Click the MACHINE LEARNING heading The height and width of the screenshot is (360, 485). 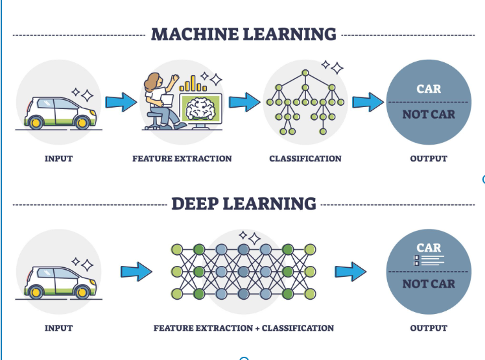tap(243, 34)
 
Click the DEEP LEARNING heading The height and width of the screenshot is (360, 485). tap(244, 204)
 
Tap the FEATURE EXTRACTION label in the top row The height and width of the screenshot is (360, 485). tap(182, 158)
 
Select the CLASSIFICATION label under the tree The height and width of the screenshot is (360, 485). tap(305, 158)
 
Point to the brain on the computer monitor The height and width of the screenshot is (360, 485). tap(200, 109)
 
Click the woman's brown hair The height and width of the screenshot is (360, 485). tap(152, 82)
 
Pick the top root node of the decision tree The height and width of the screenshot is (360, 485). tap(305, 73)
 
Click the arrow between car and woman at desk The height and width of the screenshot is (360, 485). tap(121, 102)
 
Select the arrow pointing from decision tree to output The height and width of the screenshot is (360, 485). tap(368, 102)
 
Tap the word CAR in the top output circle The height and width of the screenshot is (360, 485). tap(429, 89)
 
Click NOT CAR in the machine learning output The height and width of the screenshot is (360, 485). tap(429, 115)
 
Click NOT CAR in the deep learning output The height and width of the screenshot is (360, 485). tap(429, 284)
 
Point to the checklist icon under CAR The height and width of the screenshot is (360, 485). tap(429, 260)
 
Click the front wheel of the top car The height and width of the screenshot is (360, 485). tap(82, 123)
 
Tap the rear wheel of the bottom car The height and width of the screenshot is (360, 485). tap(35, 292)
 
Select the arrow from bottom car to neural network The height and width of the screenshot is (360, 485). tap(136, 272)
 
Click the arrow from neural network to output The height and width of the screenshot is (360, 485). tap(351, 272)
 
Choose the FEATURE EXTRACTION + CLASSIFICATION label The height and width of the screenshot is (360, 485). tap(244, 328)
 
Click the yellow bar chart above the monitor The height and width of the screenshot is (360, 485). tap(193, 84)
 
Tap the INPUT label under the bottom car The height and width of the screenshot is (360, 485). tap(59, 328)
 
